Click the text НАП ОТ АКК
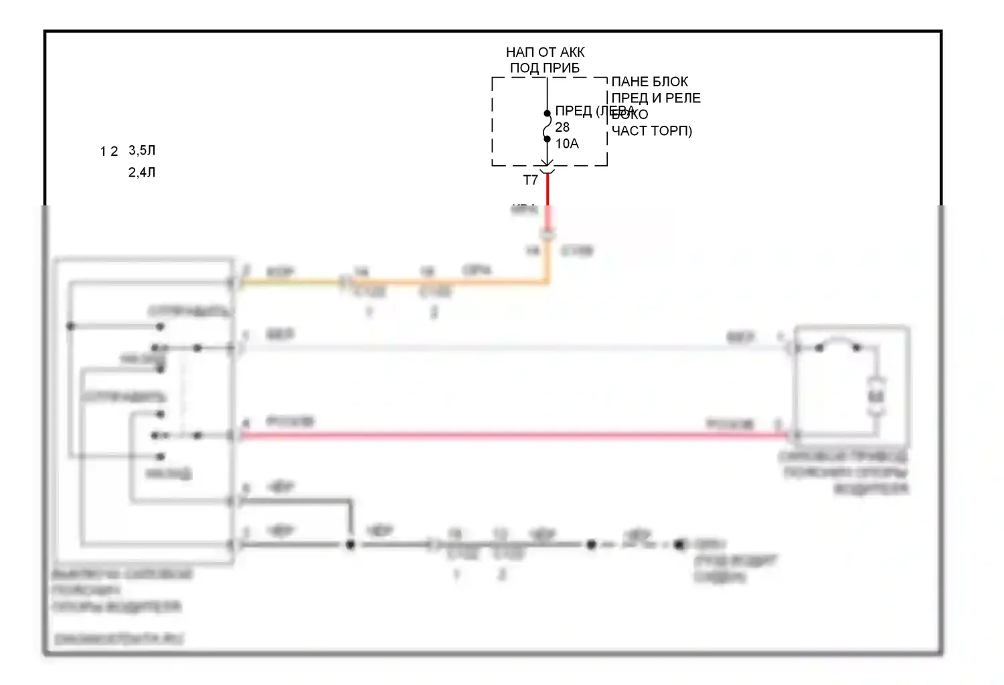point(545,52)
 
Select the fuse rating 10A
point(567,144)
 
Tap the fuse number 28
point(562,127)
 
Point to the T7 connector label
point(530,181)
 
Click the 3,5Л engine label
point(142,151)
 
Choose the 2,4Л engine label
point(142,173)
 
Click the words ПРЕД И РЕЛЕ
point(656,98)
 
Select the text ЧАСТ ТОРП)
point(651,131)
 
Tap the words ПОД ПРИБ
point(545,68)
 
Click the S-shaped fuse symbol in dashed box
point(547,126)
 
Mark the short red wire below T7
point(548,191)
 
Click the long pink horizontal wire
point(509,436)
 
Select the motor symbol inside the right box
point(875,396)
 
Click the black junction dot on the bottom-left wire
point(349,545)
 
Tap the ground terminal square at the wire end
point(680,545)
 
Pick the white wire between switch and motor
point(509,348)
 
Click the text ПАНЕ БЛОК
point(649,82)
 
